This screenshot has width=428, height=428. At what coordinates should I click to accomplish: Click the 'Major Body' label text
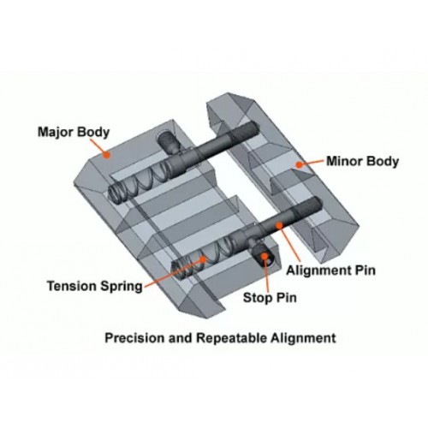click(74, 133)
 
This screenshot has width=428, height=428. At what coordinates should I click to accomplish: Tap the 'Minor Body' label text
click(362, 161)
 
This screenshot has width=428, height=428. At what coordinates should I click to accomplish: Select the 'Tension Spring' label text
click(95, 286)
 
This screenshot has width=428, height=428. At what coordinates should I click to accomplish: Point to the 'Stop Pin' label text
click(270, 298)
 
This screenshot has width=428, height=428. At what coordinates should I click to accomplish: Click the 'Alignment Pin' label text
click(330, 270)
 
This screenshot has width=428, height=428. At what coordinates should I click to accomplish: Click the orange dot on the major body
click(107, 155)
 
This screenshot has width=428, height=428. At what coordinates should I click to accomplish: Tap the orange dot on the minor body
click(299, 164)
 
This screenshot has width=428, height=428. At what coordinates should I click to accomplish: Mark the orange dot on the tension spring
click(203, 259)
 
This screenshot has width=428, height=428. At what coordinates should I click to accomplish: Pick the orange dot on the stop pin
click(265, 256)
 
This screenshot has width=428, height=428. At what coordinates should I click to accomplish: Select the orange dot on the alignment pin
click(279, 225)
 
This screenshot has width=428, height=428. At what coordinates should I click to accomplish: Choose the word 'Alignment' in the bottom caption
click(304, 338)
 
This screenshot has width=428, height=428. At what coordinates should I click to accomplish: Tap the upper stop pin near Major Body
click(168, 142)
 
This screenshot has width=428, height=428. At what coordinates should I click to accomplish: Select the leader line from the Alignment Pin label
click(289, 243)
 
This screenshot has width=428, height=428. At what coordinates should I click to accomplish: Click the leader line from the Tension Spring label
click(173, 273)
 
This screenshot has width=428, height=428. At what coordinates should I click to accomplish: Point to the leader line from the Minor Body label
click(312, 163)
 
